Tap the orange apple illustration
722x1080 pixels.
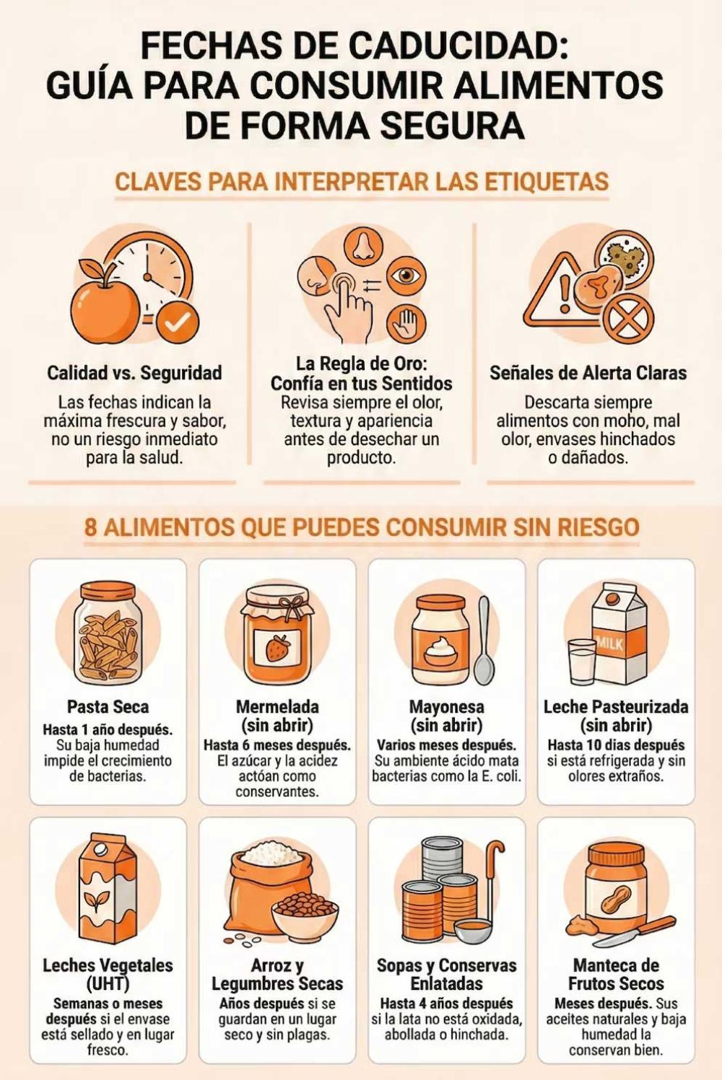105,302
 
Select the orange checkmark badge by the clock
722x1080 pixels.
178,323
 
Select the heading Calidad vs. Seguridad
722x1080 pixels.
134,373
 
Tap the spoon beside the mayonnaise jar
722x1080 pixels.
484,639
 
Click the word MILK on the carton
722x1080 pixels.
609,644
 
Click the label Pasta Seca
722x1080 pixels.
108,707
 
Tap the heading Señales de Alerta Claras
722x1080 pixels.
588,373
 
